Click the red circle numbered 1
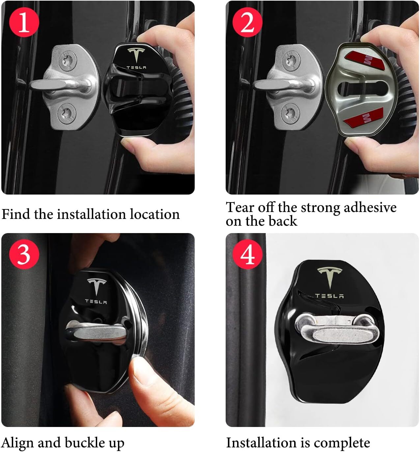click(24, 22)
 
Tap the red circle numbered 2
click(248, 22)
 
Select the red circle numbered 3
click(24, 254)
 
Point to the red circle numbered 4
click(248, 254)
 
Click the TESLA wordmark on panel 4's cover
click(329, 296)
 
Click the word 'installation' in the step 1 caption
click(91, 214)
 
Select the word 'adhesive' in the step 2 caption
click(370, 207)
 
